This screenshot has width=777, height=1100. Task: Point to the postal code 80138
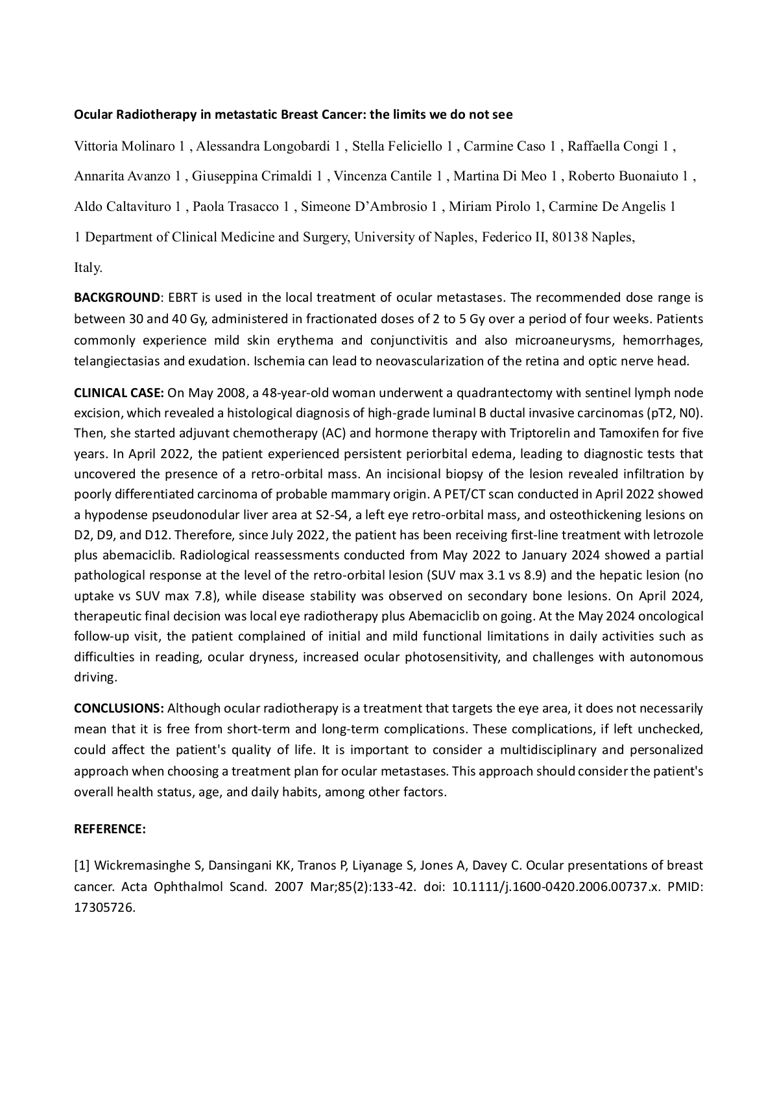570,237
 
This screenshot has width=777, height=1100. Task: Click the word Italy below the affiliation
87,267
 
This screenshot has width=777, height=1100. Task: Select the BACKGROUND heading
117,298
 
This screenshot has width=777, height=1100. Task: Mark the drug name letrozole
677,535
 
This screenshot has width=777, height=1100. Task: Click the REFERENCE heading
110,829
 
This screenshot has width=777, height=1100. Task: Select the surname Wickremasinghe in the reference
148,865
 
